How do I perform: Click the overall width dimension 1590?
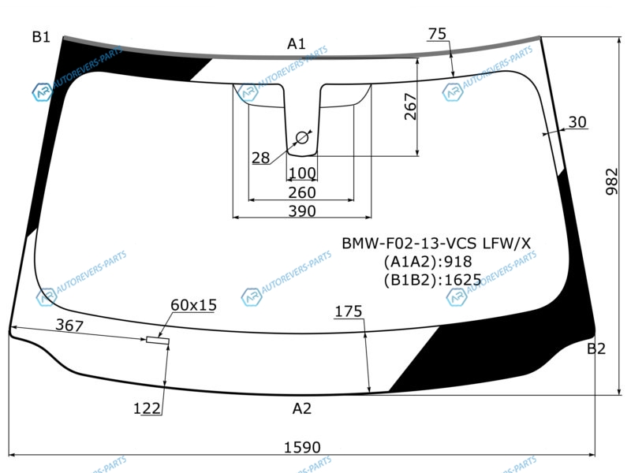point(302,447)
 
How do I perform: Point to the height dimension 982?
point(611,182)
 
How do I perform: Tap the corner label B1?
point(41,37)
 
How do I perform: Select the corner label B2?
point(596,348)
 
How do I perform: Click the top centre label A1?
point(297,43)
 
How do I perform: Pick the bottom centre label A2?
point(302,408)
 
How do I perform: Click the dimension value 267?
point(410,106)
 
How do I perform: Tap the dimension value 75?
point(437,34)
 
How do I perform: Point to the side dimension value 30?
point(577,122)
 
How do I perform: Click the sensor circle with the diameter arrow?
point(302,138)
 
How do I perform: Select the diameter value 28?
point(261,158)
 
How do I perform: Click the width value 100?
point(302,173)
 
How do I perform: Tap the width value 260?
point(302,192)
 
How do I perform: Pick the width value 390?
point(302,211)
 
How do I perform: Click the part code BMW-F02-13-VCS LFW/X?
point(436,244)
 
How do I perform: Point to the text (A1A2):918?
point(428,262)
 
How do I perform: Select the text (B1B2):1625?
point(432,280)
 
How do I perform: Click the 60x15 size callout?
point(193,305)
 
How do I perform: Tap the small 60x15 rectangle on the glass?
point(158,341)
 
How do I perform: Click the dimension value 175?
point(349,311)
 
